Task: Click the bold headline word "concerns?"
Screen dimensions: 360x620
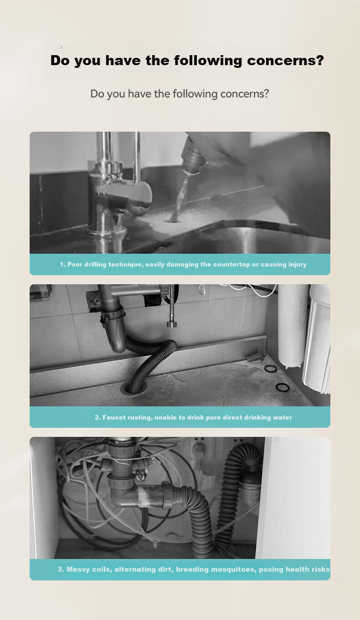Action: click(285, 60)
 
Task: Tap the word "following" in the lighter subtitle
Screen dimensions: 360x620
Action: click(195, 94)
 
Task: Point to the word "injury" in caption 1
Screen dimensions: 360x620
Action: click(298, 265)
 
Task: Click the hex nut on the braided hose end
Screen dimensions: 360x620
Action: click(171, 324)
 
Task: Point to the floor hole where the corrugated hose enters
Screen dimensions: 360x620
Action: click(136, 388)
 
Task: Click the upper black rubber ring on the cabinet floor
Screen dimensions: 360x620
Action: click(270, 369)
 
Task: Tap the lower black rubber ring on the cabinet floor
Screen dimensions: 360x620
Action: click(283, 387)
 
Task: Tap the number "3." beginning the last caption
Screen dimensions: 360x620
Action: click(61, 569)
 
